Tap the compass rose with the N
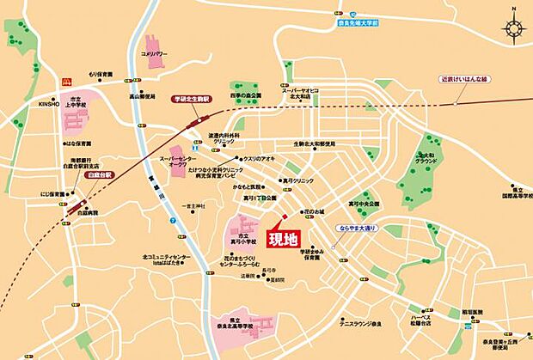click(514, 28)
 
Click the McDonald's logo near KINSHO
click(64, 82)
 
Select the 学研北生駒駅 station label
click(192, 100)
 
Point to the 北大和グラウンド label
click(432, 156)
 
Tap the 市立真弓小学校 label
click(244, 239)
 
